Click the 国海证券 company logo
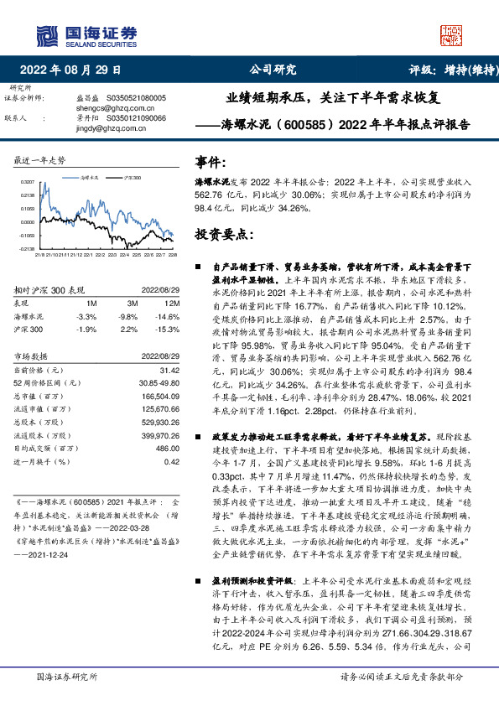click(85, 34)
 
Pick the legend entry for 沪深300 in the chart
click(129, 179)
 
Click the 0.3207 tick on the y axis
click(29, 181)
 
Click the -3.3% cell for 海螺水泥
click(86, 317)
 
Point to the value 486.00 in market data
click(166, 448)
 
